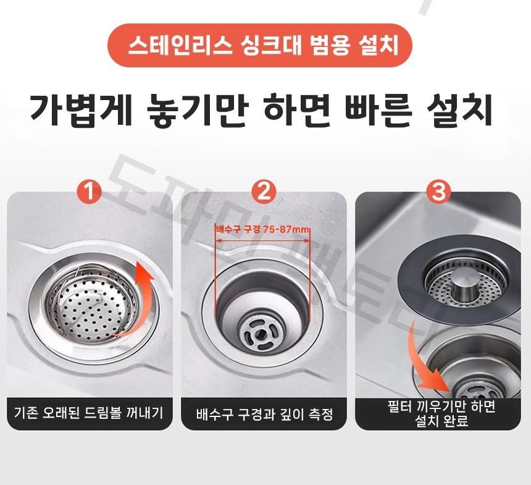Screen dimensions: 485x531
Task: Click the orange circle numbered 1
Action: coord(91,192)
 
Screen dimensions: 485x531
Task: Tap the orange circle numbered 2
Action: coord(264,192)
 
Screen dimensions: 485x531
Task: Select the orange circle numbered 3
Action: coord(439,192)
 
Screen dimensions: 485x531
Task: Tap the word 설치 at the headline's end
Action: coord(462,111)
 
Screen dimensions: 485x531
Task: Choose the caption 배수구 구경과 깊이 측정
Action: coord(264,414)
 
